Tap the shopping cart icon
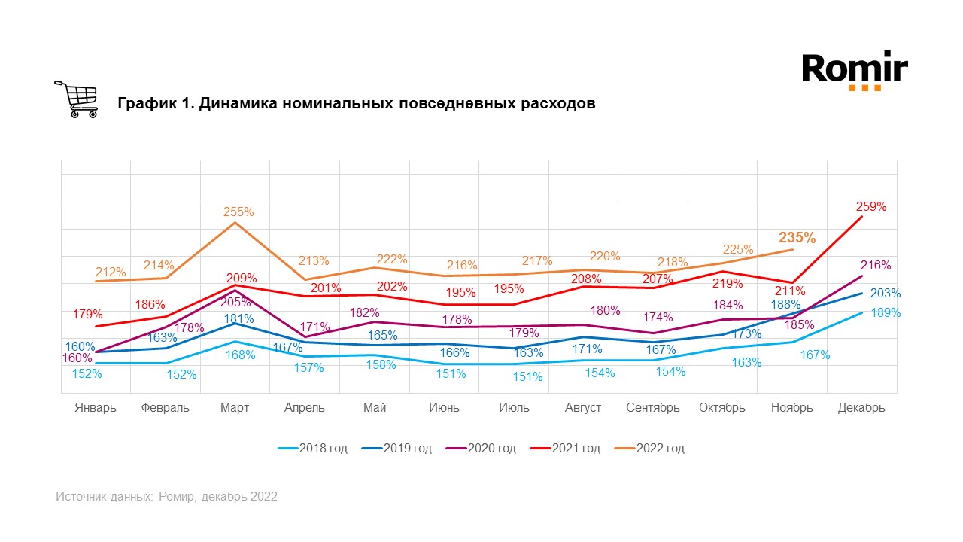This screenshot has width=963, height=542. tap(76, 99)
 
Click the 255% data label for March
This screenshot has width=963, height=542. tap(238, 212)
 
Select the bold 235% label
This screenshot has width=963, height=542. tap(797, 238)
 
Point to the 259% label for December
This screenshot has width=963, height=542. tap(871, 206)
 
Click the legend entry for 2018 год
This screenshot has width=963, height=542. tap(312, 449)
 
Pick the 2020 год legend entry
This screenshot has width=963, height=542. tap(481, 449)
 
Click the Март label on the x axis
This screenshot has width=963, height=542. tap(235, 408)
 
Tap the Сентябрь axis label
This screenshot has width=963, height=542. tap(653, 408)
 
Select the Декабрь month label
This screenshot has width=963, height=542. tap(861, 408)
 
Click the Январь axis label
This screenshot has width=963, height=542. tap(96, 408)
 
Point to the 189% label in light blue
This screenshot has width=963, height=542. tap(886, 312)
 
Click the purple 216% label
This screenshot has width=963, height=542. tap(875, 266)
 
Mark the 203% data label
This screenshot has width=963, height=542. tap(886, 294)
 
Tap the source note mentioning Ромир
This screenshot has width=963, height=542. tap(166, 497)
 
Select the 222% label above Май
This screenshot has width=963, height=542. tap(392, 259)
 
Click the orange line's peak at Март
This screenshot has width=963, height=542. tap(235, 223)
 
